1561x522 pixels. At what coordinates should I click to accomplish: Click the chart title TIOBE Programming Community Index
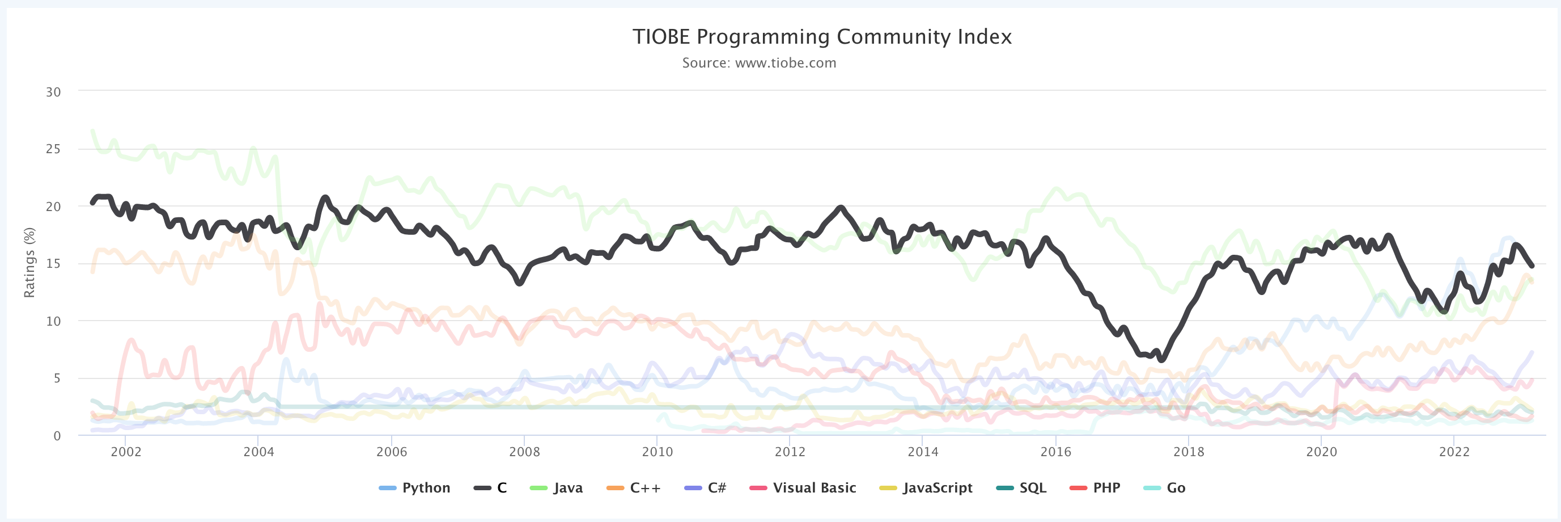click(x=822, y=37)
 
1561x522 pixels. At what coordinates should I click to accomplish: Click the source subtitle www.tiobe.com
click(x=759, y=63)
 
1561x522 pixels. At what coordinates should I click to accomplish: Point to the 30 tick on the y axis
click(x=53, y=92)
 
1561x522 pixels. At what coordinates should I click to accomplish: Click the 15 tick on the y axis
click(x=53, y=264)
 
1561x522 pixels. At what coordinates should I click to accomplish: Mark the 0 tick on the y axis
click(x=57, y=436)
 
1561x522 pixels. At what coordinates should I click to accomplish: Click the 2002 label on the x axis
click(x=125, y=452)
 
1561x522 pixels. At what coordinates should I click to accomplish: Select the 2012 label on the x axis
click(x=790, y=452)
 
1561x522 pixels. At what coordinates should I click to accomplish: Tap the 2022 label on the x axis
click(x=1454, y=452)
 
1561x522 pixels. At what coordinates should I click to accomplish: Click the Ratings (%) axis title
click(x=29, y=263)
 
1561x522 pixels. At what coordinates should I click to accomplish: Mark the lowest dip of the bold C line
click(x=1161, y=360)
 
